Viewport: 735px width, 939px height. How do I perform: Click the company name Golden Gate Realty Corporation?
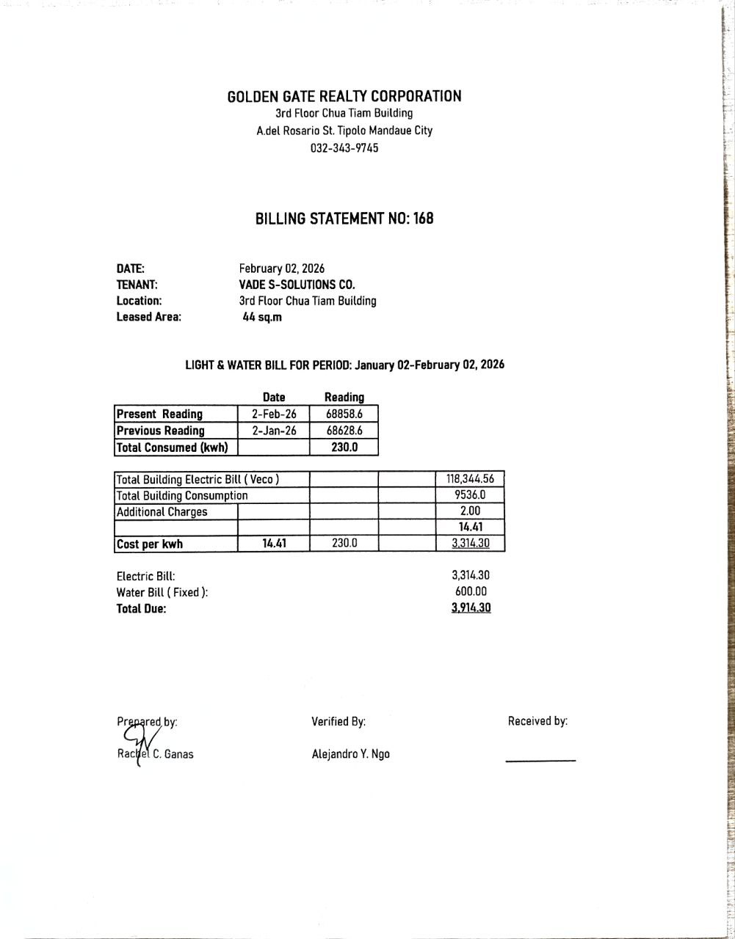pos(344,96)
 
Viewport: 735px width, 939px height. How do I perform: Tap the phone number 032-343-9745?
pos(344,148)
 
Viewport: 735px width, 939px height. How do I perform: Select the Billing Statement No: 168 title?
pos(344,219)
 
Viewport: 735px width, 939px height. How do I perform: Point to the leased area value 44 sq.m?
pos(262,317)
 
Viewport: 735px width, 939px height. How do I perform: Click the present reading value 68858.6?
pos(344,414)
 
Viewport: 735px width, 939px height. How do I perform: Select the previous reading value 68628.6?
pos(344,431)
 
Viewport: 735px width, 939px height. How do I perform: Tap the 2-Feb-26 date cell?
pos(274,414)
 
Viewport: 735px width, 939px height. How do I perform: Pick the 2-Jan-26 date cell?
pos(274,431)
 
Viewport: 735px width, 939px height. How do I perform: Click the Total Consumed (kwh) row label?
pos(173,447)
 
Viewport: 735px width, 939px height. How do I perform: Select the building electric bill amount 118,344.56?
pos(470,479)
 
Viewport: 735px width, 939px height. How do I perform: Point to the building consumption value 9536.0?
pos(470,495)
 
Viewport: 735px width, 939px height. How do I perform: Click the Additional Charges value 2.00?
pos(470,512)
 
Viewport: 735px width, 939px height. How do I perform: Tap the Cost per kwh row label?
pos(150,544)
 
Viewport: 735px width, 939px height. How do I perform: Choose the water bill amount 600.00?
pos(471,592)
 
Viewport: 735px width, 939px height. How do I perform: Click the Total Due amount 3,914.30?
pos(471,608)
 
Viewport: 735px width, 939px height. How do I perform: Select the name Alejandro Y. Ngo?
pos(350,754)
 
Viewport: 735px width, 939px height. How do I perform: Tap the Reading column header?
pos(344,397)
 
